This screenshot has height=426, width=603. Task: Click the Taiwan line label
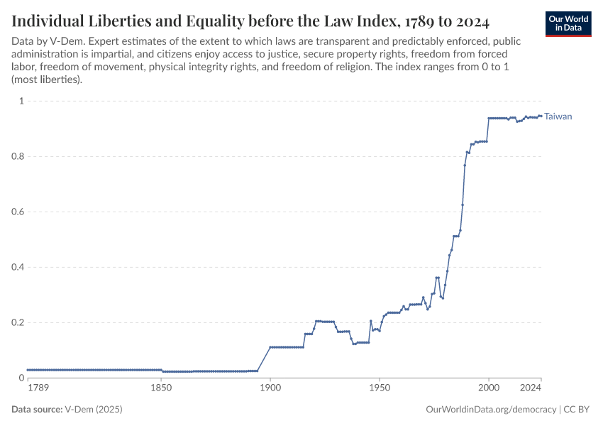point(558,116)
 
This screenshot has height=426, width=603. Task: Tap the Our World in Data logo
point(568,23)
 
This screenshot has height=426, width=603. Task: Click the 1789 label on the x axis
point(38,388)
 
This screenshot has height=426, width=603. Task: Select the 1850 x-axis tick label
point(161,388)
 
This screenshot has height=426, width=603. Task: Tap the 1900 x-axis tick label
point(270,388)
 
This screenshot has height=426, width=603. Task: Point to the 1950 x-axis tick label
point(379,388)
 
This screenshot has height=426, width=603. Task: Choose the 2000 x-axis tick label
point(488,388)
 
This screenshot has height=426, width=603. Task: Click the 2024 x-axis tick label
point(530,388)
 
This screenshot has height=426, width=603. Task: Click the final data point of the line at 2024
point(541,116)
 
